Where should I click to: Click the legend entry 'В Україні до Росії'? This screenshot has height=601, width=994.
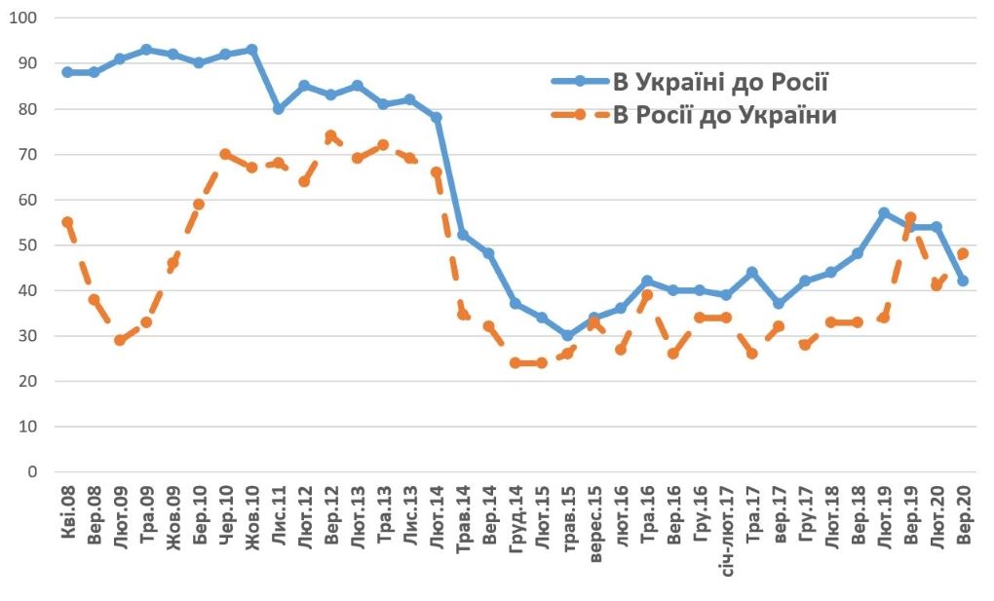(720, 81)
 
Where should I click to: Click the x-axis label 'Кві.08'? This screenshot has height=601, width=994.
(68, 517)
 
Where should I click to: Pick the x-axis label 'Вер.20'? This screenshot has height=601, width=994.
(963, 516)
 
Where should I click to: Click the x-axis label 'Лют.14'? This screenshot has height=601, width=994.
(436, 517)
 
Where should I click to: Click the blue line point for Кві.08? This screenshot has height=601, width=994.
(67, 72)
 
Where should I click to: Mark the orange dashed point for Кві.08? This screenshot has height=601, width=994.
(67, 222)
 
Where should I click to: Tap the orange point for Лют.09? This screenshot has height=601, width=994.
(120, 340)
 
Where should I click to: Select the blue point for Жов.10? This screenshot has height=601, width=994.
(251, 50)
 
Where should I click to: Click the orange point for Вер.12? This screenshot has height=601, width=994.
(330, 136)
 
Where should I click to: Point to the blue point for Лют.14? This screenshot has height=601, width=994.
(436, 118)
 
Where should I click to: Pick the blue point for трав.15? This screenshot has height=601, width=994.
(567, 336)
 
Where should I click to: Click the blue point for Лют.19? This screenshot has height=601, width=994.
(884, 213)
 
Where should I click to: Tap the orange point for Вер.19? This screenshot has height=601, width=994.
(910, 218)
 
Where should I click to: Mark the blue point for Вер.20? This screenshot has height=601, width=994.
(963, 282)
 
